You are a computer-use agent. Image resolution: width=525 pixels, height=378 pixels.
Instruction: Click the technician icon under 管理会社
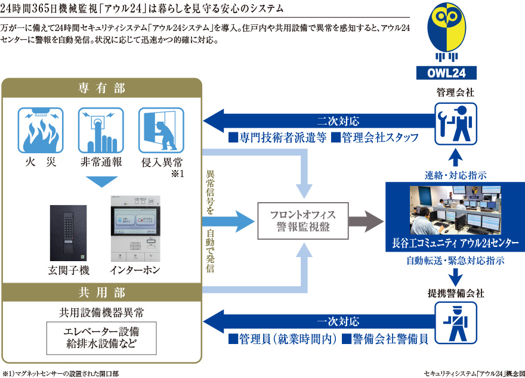455,125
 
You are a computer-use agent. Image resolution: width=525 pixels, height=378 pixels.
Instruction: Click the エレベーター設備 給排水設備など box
101,337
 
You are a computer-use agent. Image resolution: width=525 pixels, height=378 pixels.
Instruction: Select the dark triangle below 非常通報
101,181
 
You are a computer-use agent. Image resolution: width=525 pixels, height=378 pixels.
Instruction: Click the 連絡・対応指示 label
455,175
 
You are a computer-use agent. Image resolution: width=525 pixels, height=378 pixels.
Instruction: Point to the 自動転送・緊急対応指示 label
455,261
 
